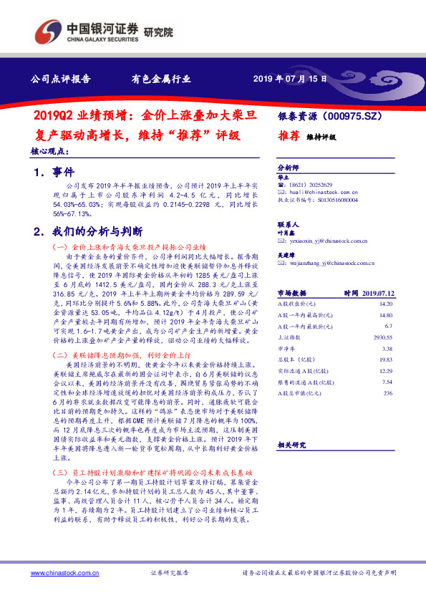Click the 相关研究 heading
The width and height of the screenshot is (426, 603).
click(291, 445)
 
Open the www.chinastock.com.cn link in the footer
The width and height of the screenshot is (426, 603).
click(58, 574)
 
